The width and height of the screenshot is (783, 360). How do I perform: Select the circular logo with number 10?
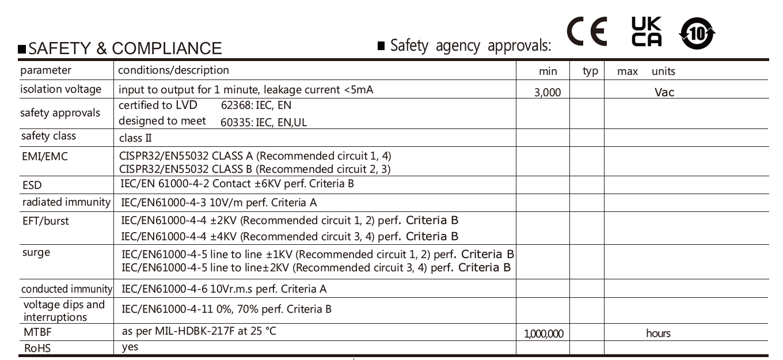[698, 33]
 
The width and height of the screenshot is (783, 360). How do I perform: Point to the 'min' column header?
[548, 71]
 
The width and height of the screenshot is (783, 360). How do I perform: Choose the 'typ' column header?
[590, 71]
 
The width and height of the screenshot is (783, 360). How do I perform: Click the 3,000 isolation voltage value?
[548, 92]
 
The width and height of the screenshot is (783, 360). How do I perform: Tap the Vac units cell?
[664, 92]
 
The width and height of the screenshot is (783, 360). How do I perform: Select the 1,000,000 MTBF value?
[544, 334]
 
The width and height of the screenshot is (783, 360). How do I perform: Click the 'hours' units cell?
[658, 334]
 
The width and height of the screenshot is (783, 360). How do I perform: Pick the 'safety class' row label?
[48, 137]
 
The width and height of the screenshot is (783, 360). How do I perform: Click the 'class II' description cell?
[135, 138]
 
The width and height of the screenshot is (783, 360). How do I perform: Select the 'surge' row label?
[35, 252]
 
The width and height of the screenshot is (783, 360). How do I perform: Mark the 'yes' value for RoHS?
[130, 347]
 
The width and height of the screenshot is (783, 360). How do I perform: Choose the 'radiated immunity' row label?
[66, 202]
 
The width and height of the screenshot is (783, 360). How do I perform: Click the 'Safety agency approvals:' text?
[470, 46]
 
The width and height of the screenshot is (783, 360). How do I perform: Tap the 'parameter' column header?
[46, 71]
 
